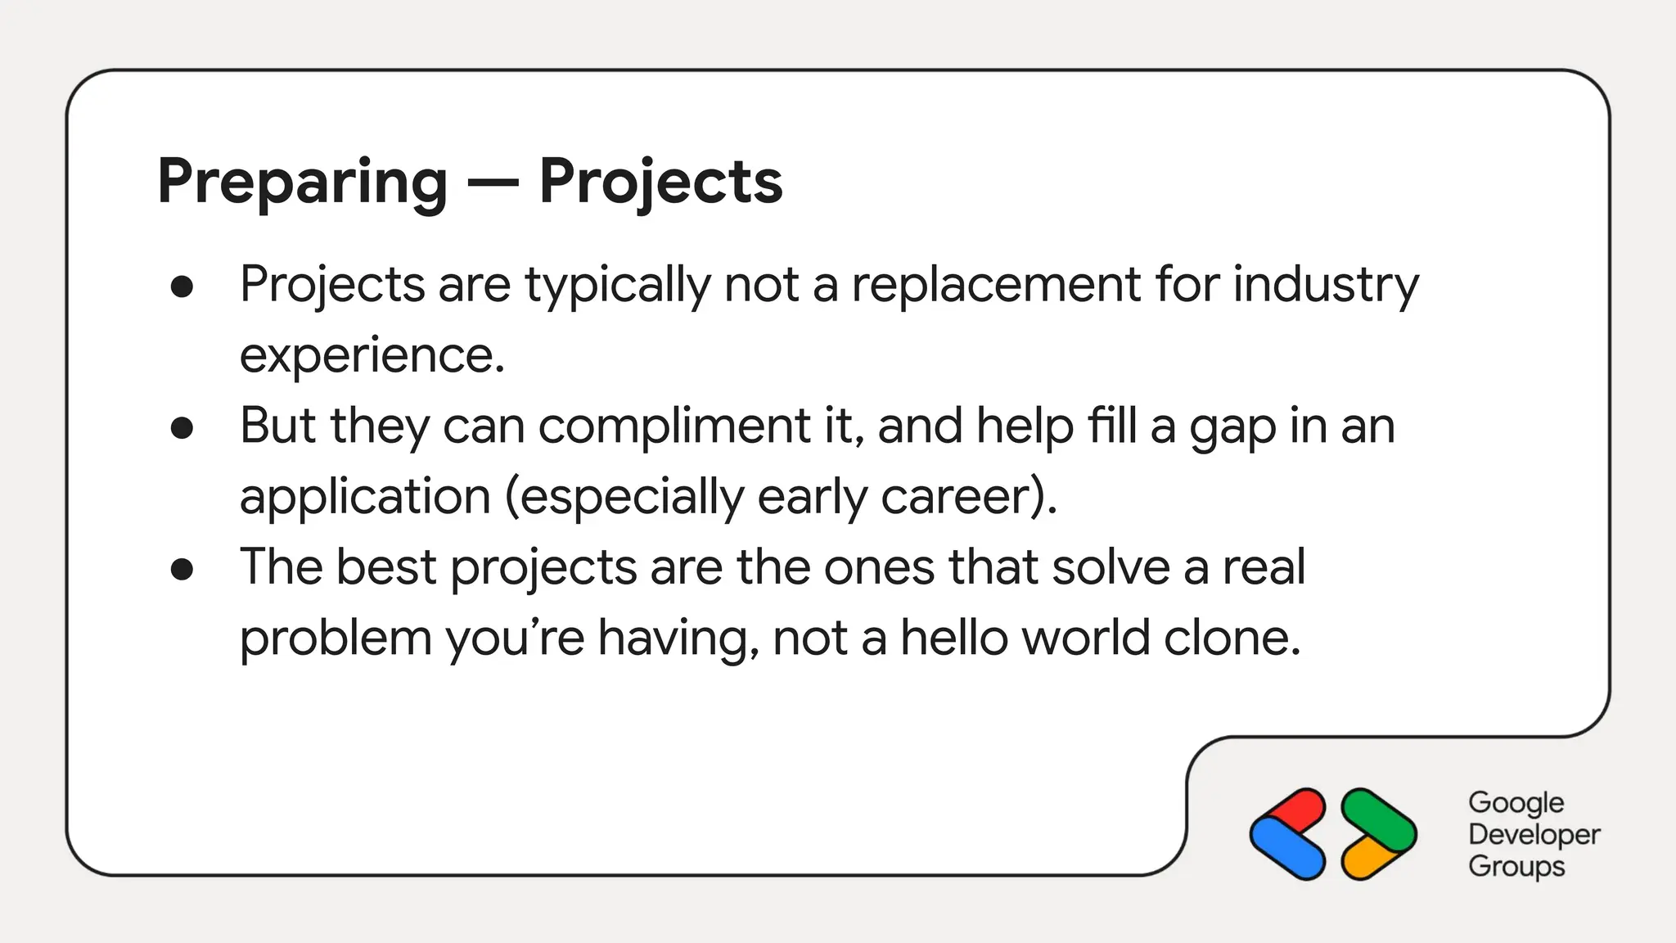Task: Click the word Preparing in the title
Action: click(302, 182)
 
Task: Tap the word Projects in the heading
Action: click(660, 182)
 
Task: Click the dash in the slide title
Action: click(493, 183)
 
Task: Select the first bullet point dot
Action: click(182, 287)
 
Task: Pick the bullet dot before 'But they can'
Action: click(182, 427)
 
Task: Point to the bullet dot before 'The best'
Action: click(182, 569)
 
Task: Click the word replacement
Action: click(996, 285)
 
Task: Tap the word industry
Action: click(1326, 285)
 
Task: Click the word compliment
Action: click(674, 426)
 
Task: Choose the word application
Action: click(365, 498)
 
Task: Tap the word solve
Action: click(1111, 567)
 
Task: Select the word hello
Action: click(954, 638)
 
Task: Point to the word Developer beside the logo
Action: click(1534, 834)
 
